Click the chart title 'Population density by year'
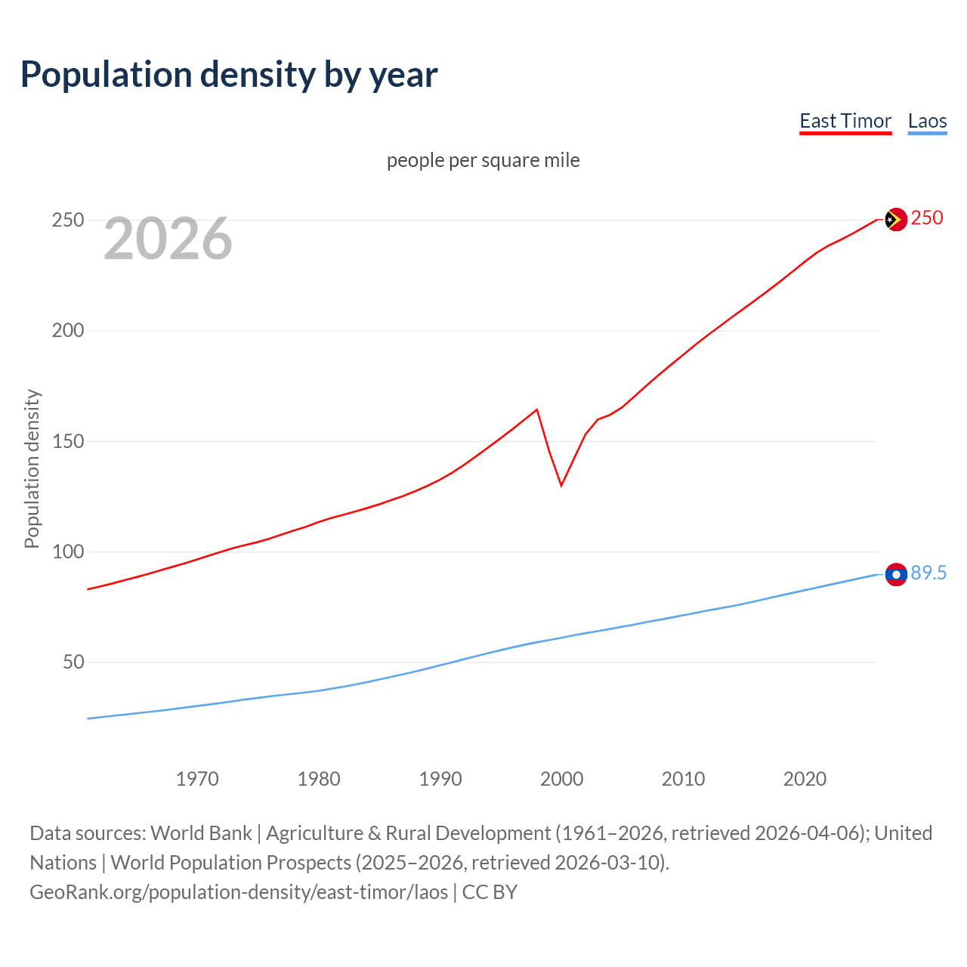point(229,75)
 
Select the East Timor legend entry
point(845,121)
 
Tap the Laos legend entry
point(927,121)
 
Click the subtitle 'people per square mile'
point(483,160)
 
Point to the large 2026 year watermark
point(168,239)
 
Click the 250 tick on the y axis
point(68,221)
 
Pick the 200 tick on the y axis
point(68,331)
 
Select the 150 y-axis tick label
point(68,441)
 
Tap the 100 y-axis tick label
point(68,551)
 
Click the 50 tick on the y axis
point(73,663)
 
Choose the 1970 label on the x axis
point(197,779)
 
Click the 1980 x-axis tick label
point(319,779)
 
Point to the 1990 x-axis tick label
point(440,779)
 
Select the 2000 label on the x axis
point(562,779)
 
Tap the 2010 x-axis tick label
point(684,779)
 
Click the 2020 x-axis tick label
point(805,779)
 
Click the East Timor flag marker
point(896,219)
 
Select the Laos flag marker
point(896,575)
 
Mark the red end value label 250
point(927,218)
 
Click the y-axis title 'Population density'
point(32,468)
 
